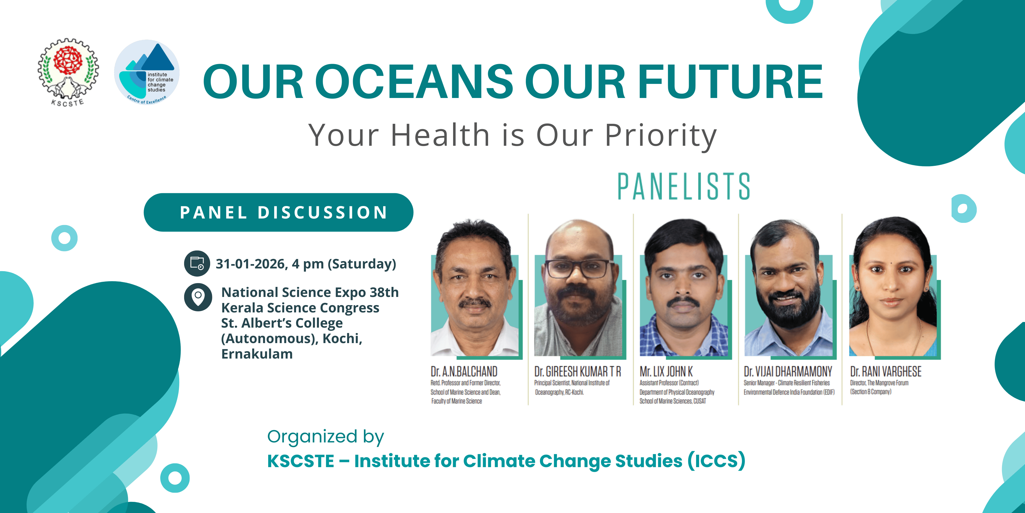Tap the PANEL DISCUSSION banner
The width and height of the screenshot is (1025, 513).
(278, 212)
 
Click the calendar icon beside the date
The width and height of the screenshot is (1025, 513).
(197, 263)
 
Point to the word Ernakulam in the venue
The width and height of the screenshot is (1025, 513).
(257, 354)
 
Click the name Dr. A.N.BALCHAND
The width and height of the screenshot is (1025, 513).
(464, 372)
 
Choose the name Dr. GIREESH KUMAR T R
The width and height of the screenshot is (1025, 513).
(577, 372)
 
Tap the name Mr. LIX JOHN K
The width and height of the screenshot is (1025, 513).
(666, 372)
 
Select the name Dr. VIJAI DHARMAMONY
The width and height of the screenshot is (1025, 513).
(788, 372)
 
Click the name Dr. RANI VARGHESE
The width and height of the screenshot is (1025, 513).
(886, 372)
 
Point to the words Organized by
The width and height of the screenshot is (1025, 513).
(325, 437)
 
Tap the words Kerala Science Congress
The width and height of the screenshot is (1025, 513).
(300, 308)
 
